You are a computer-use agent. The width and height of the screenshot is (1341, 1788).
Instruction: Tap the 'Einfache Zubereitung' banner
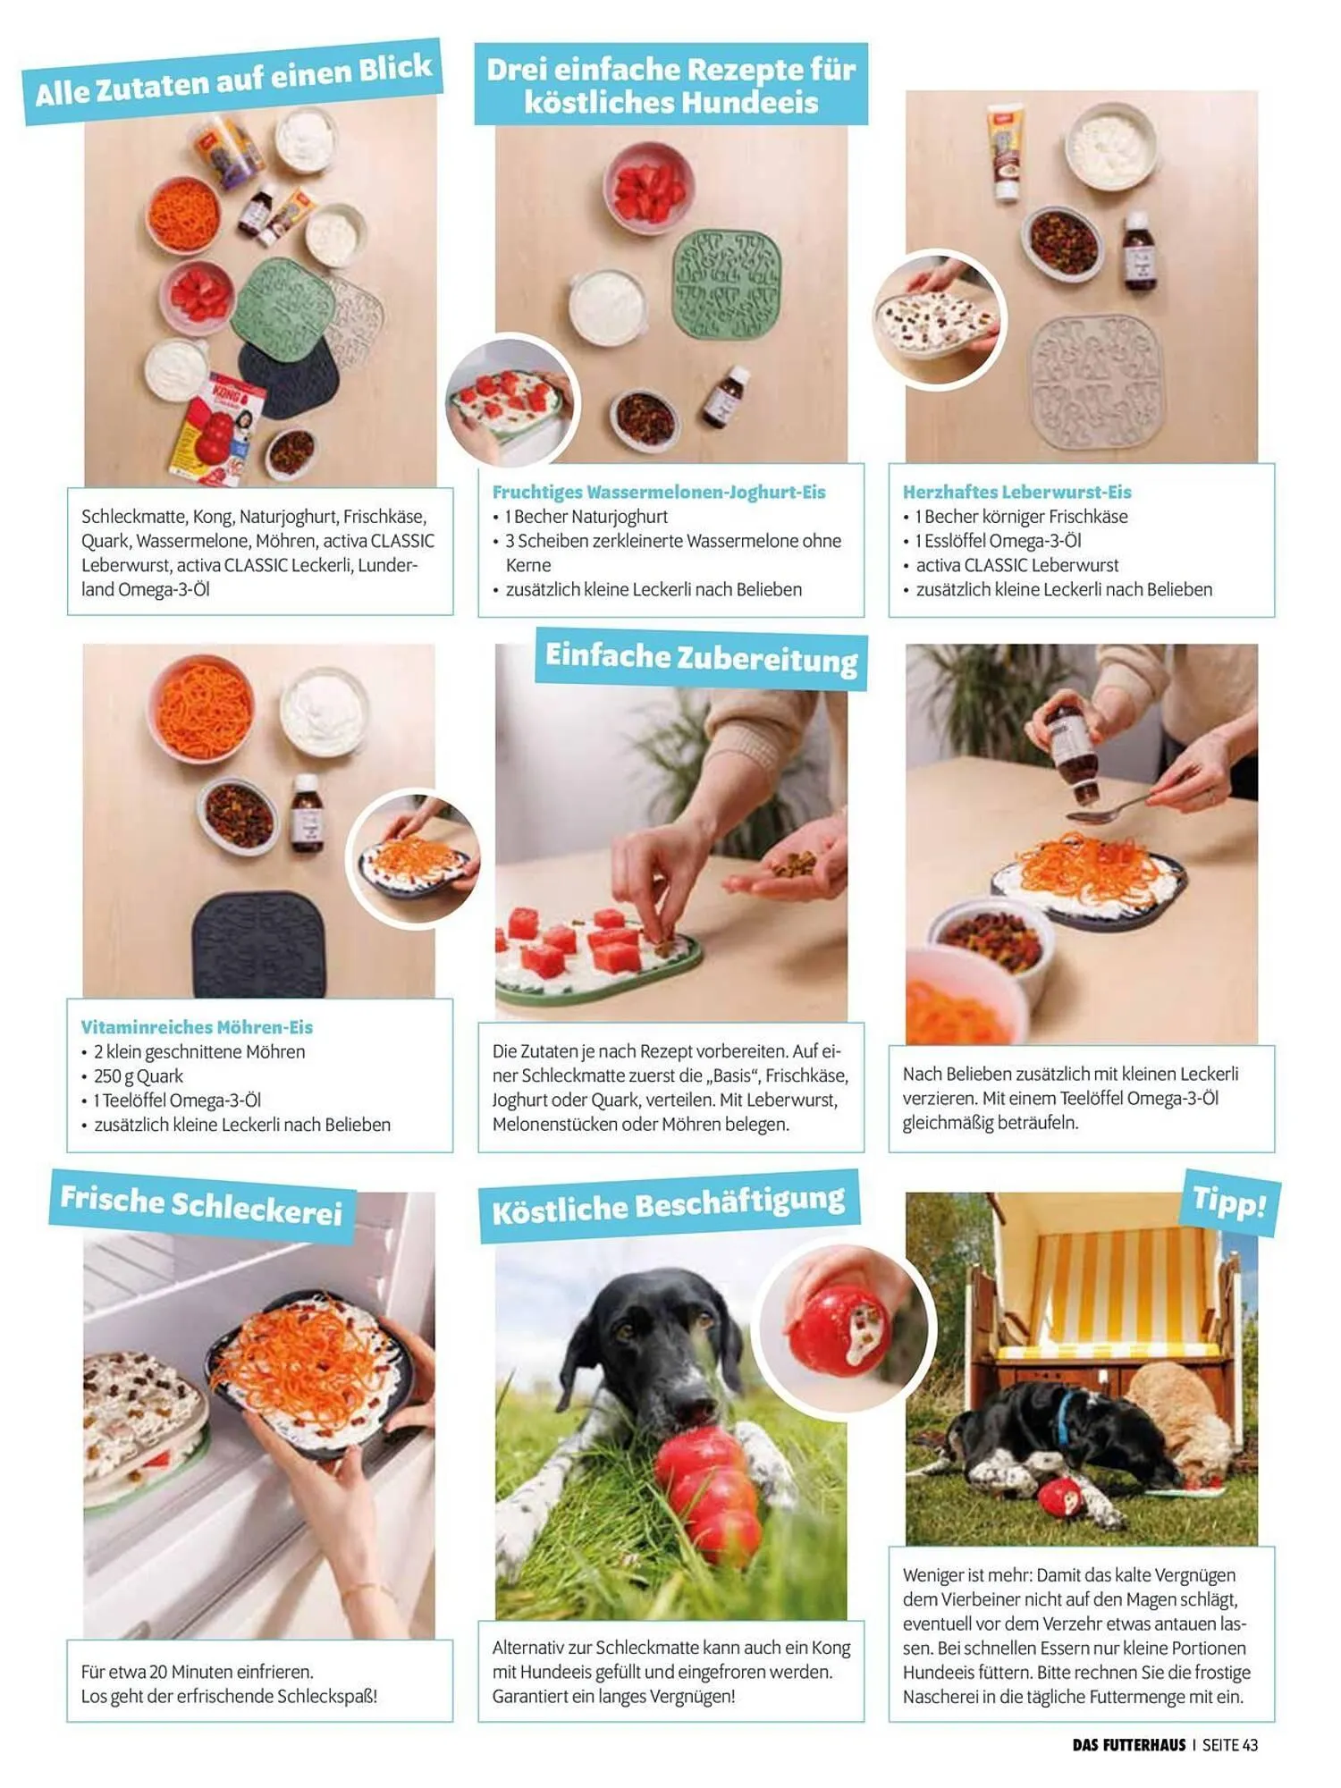click(701, 658)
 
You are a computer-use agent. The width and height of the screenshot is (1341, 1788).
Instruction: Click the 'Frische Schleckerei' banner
click(202, 1205)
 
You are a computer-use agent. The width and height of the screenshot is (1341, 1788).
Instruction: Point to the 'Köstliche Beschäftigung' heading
click(669, 1204)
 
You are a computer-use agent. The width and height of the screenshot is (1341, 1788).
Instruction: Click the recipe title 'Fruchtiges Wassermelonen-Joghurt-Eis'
click(659, 492)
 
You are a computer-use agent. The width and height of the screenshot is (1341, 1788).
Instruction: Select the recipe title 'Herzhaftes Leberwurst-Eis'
click(1016, 492)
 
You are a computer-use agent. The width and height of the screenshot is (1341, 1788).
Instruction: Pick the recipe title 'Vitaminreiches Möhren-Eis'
click(197, 1027)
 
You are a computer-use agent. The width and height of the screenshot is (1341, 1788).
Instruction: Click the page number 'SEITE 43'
click(1230, 1744)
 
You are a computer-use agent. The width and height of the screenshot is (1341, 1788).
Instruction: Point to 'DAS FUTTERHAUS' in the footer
click(1129, 1744)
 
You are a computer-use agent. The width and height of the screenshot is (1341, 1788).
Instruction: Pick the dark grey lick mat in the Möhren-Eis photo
click(259, 943)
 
